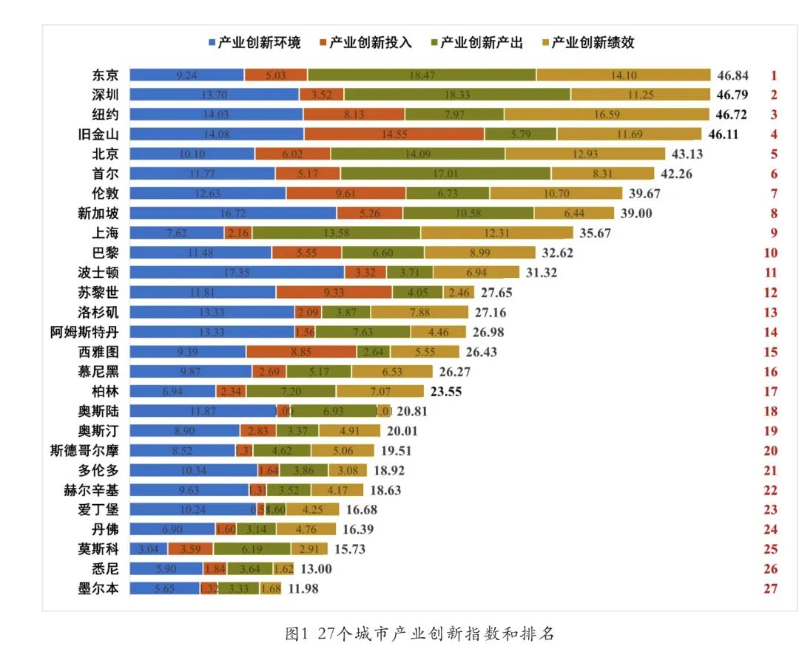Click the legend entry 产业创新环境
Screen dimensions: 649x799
(x=254, y=43)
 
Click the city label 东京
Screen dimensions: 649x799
(x=105, y=75)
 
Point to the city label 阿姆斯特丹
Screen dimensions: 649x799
(x=84, y=332)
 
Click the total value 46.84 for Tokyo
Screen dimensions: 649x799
(x=732, y=75)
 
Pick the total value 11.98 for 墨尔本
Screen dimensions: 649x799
(x=303, y=588)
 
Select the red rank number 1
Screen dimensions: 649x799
(x=773, y=75)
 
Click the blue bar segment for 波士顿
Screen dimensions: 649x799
(x=237, y=273)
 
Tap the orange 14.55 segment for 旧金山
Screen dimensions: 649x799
(x=394, y=134)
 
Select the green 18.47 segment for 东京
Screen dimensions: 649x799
(x=422, y=75)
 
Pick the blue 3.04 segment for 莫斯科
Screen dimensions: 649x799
(x=149, y=549)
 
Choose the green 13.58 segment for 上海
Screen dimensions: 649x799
(x=337, y=233)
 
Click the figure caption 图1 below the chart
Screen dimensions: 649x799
(x=419, y=633)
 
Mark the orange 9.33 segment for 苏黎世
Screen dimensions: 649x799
(x=334, y=292)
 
